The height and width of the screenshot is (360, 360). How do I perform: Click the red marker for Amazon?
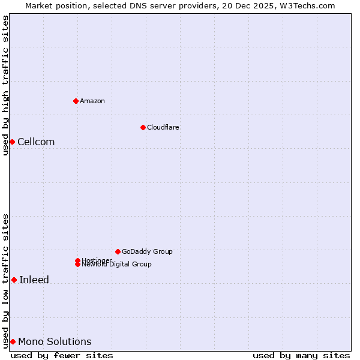pos(76,101)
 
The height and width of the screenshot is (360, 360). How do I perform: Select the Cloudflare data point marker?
pos(143,127)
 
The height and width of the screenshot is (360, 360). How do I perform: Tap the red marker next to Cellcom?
pos(12,142)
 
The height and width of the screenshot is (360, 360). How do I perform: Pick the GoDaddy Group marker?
pos(118,251)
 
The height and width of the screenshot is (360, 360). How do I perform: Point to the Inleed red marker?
pos(14,280)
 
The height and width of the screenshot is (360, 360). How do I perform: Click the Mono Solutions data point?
pos(13,341)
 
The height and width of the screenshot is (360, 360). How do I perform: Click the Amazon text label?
pos(92,101)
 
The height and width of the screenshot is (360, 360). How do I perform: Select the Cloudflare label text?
pos(163,127)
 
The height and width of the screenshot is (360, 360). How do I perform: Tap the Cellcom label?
pos(36,142)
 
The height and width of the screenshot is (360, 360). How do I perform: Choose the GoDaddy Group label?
pos(147,251)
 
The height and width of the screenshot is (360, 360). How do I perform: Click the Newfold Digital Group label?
pos(117,265)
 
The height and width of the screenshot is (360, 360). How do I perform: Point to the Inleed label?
pos(34,280)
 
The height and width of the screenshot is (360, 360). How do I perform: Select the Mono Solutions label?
pos(55,342)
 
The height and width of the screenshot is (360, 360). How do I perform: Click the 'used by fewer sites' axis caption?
pos(62,355)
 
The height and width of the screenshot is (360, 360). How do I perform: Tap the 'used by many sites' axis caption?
pos(301,355)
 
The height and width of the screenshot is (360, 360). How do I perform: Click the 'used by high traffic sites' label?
pos(6,85)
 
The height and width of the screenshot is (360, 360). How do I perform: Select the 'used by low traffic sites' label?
pos(6,281)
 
